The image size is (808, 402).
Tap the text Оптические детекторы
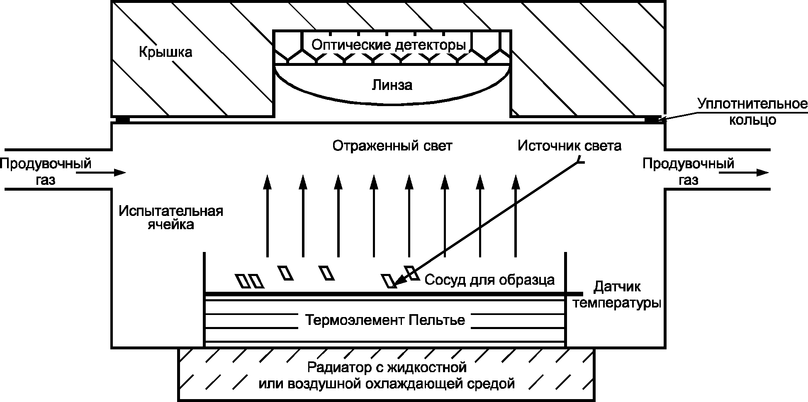point(389,44)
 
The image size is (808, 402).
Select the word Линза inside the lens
point(392,85)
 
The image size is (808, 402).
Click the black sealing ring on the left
point(122,120)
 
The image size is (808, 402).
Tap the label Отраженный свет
point(392,146)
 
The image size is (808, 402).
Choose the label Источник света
point(569,145)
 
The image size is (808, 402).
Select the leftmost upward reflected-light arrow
point(268,216)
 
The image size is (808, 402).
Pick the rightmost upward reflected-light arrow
point(516,216)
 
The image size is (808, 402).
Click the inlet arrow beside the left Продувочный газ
point(101,172)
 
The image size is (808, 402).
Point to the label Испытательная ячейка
point(171,218)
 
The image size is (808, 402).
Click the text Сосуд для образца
point(489,280)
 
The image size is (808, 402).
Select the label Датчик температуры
point(617,295)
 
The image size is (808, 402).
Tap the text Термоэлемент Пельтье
point(385,320)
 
